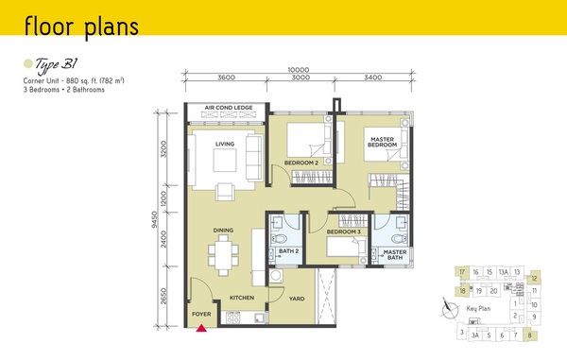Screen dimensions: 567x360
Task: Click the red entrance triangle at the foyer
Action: [201, 328]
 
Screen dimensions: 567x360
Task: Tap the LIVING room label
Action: [225, 144]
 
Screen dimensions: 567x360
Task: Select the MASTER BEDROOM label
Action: [382, 142]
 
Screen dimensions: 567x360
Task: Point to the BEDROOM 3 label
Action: [344, 231]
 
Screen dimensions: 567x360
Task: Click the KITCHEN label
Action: [242, 298]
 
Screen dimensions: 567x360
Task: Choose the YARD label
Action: [297, 299]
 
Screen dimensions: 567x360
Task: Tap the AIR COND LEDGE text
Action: [229, 108]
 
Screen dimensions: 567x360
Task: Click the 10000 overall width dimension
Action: [299, 69]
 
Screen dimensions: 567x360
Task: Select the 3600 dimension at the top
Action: [227, 77]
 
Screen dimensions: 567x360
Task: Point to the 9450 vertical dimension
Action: [154, 220]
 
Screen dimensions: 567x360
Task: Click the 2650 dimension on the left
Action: [163, 296]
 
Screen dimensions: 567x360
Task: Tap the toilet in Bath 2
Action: [279, 238]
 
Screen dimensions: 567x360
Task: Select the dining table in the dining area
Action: [223, 255]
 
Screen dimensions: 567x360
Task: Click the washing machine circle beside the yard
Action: [277, 276]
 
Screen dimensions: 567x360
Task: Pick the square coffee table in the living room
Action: [225, 160]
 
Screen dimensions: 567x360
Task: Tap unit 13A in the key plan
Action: [503, 272]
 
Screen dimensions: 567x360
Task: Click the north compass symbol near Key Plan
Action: [450, 309]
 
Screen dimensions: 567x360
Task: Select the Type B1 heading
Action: [56, 65]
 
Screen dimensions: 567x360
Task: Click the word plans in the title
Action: [112, 27]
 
